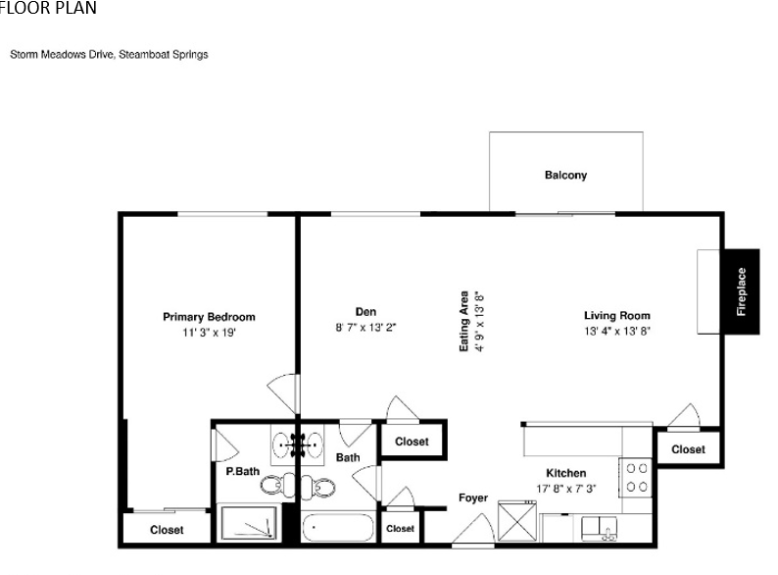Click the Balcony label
point(565,175)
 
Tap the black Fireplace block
point(742,291)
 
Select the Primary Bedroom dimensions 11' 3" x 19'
point(209,333)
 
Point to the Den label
point(365,312)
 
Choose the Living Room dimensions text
point(617,331)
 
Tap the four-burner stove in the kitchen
point(636,477)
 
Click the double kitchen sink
point(600,529)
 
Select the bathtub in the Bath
point(338,528)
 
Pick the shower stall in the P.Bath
point(249,522)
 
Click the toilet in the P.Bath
point(277,485)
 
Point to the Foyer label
point(473,497)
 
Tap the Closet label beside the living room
point(688,449)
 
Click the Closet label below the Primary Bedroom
point(167,530)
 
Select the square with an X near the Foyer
point(517,521)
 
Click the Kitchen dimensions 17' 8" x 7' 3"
point(566,489)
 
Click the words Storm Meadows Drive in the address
point(63,55)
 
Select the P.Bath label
point(243,471)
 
